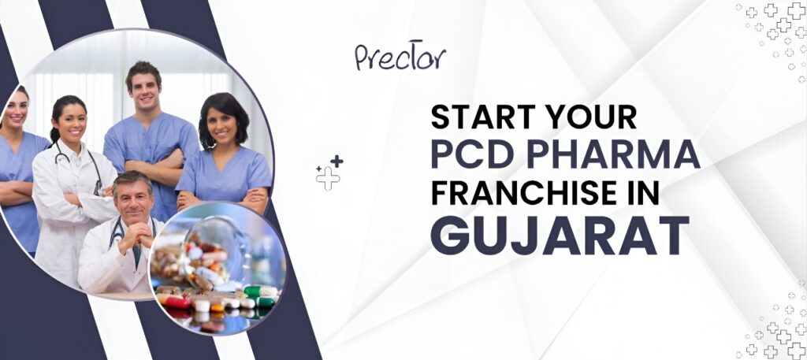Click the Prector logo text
click(x=400, y=56)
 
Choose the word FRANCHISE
click(x=523, y=195)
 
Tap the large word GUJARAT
click(x=560, y=236)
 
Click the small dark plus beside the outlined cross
click(x=337, y=161)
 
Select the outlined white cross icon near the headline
click(x=328, y=178)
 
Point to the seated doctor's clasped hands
click(x=136, y=236)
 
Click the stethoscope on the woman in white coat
click(x=81, y=164)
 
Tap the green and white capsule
click(x=259, y=292)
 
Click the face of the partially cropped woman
click(x=17, y=109)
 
